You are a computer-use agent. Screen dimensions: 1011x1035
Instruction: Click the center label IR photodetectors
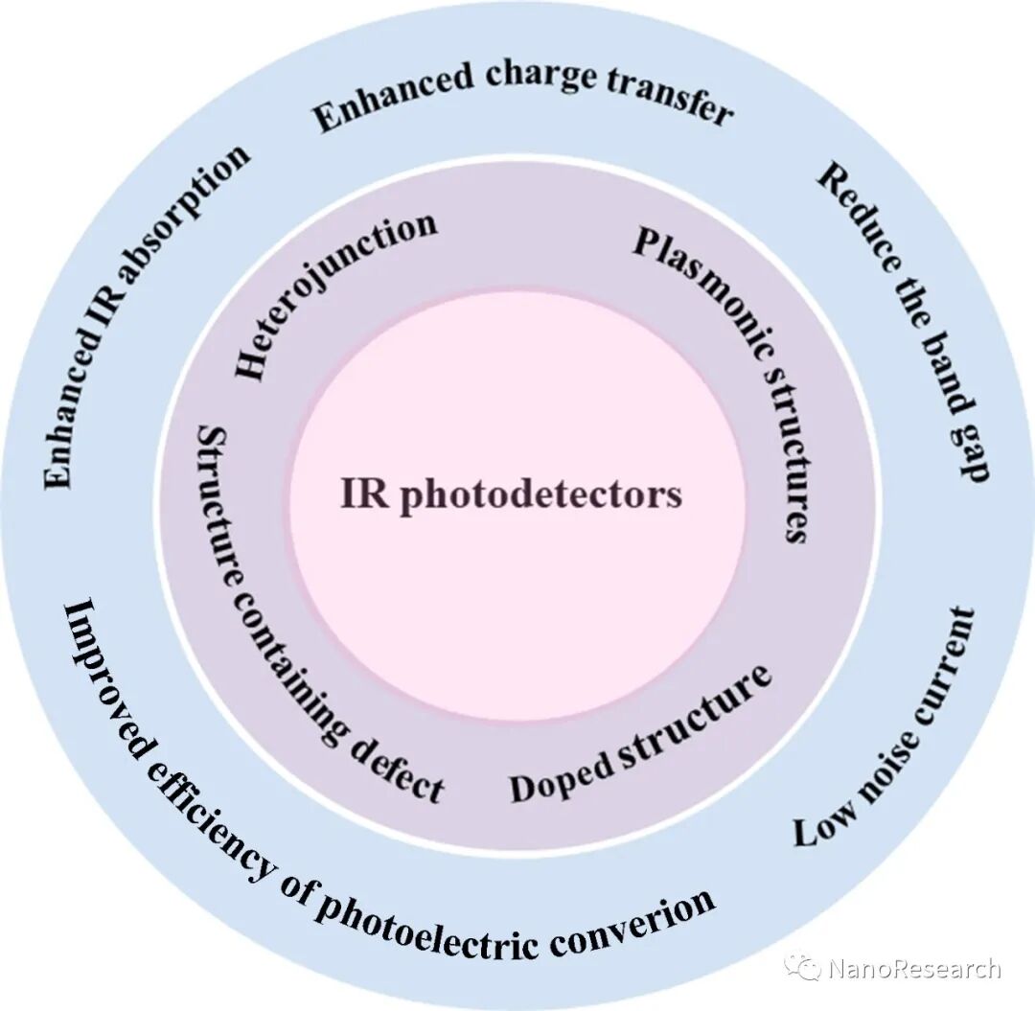click(511, 495)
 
